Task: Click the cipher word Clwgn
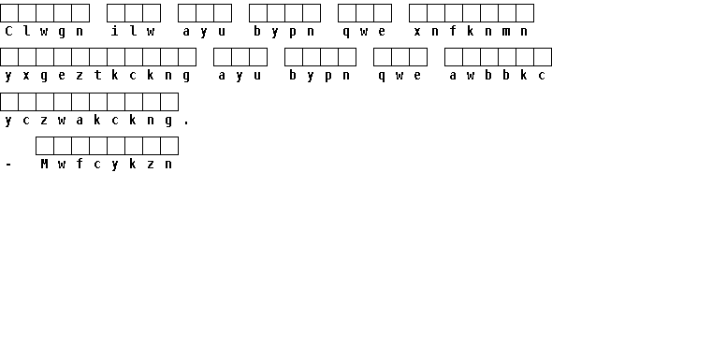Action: pyautogui.click(x=44, y=31)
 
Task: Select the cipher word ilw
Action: pyautogui.click(x=133, y=31)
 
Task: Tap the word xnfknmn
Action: pyautogui.click(x=471, y=31)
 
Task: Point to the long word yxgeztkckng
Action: pyautogui.click(x=97, y=76)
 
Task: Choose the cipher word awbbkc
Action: pyautogui.click(x=497, y=76)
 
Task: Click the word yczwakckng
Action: pyautogui.click(x=89, y=121)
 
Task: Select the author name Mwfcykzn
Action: pyautogui.click(x=107, y=164)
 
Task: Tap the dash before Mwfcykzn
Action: pyautogui.click(x=8, y=165)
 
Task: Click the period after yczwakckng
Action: pyautogui.click(x=186, y=123)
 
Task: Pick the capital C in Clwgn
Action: pyautogui.click(x=8, y=31)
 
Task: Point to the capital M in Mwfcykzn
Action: pyautogui.click(x=44, y=164)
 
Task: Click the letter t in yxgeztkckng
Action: pyautogui.click(x=97, y=75)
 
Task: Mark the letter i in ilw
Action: pyautogui.click(x=115, y=31)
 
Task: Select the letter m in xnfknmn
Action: pyautogui.click(x=506, y=32)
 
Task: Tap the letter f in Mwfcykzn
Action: pyautogui.click(x=80, y=164)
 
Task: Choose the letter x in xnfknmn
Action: pyautogui.click(x=417, y=32)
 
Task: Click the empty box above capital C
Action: pyautogui.click(x=9, y=13)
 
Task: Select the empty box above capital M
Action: pyautogui.click(x=45, y=146)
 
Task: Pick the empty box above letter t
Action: pyautogui.click(x=98, y=57)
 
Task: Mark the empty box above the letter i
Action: pyautogui.click(x=116, y=13)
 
